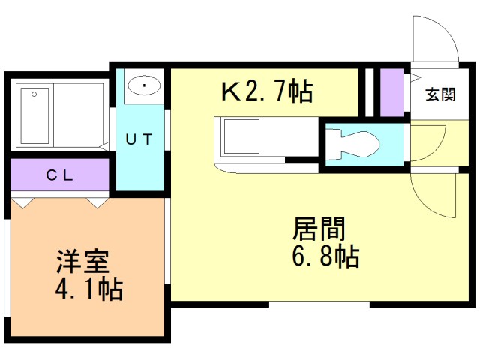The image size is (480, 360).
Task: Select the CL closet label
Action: (60, 176)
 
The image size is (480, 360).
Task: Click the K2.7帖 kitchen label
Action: (266, 92)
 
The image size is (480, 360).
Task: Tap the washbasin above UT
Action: (142, 86)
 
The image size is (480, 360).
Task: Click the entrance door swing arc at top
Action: (435, 41)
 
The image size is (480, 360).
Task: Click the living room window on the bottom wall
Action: (319, 303)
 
